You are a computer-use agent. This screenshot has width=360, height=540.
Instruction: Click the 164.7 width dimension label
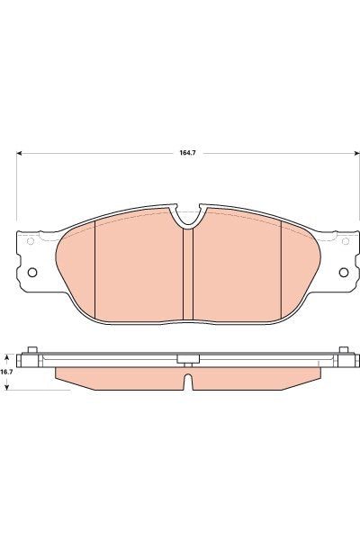(x=188, y=154)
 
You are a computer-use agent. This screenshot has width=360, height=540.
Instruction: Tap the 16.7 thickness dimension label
(x=6, y=371)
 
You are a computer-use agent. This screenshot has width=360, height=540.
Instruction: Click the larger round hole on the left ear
(x=32, y=273)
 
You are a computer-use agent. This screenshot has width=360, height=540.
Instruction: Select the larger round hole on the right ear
(x=343, y=273)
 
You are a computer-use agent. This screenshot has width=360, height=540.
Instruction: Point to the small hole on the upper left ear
(x=31, y=240)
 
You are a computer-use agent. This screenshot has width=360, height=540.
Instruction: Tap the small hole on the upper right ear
(x=345, y=240)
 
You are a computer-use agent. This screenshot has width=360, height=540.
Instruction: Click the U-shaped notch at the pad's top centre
(x=188, y=216)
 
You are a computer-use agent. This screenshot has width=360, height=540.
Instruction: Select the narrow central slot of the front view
(x=188, y=274)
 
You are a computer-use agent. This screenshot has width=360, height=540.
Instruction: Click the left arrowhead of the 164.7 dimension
(x=20, y=153)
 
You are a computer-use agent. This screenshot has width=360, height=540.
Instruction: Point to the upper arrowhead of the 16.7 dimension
(x=7, y=353)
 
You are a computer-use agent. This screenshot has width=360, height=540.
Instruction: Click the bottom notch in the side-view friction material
(x=188, y=382)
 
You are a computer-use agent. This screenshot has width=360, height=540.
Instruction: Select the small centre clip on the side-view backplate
(x=188, y=359)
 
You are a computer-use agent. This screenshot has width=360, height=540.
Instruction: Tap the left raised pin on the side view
(x=32, y=349)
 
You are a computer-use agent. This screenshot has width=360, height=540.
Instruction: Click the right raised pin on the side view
(x=343, y=349)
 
